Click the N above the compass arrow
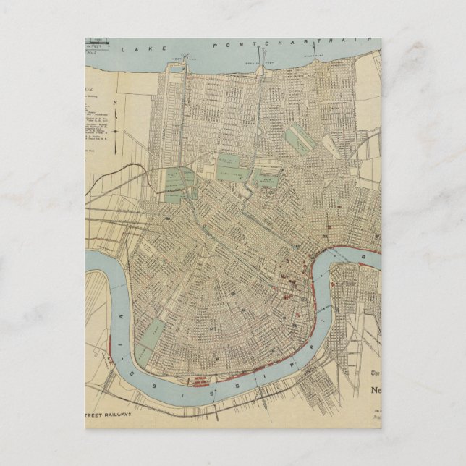point(114,103)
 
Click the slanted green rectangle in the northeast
point(299,137)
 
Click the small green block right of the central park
point(266,177)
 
